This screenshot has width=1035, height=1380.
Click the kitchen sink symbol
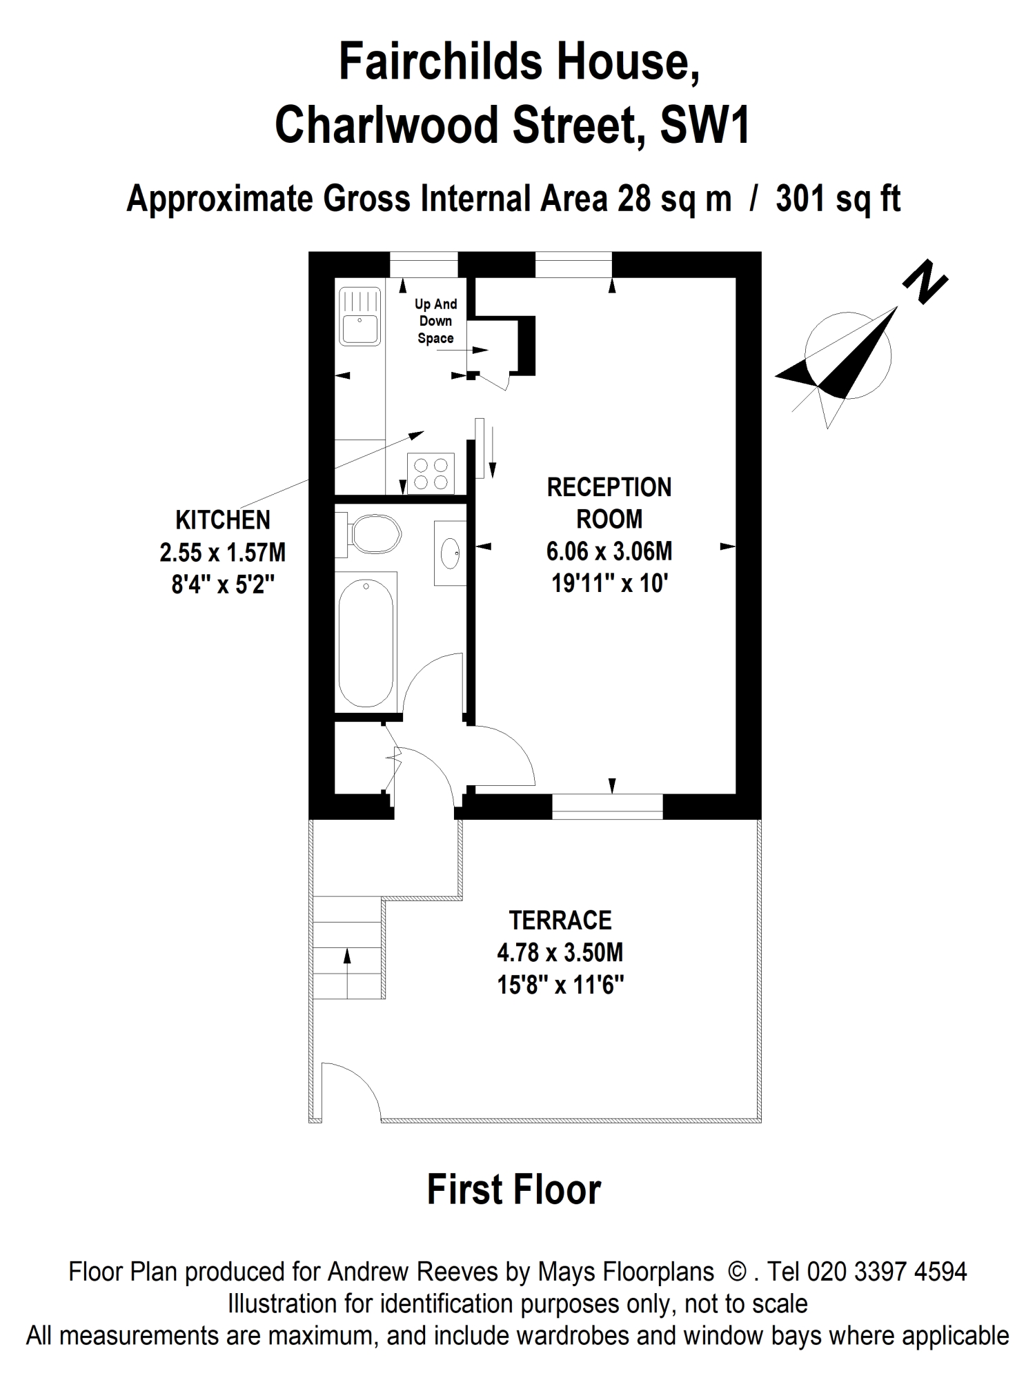(359, 316)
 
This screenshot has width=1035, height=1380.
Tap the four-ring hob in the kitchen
(431, 473)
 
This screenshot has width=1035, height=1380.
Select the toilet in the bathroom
(368, 535)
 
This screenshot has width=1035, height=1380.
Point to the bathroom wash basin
(450, 553)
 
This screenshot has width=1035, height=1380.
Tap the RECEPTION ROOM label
(609, 503)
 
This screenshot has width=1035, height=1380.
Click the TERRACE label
(560, 920)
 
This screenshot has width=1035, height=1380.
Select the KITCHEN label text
(223, 520)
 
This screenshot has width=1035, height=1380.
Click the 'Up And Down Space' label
(436, 321)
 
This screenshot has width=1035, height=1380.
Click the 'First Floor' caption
(514, 1190)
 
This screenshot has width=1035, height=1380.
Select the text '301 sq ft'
(838, 200)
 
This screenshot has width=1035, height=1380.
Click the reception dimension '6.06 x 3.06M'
(609, 551)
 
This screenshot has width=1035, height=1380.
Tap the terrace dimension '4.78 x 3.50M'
(560, 953)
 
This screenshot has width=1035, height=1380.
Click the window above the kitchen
(424, 265)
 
